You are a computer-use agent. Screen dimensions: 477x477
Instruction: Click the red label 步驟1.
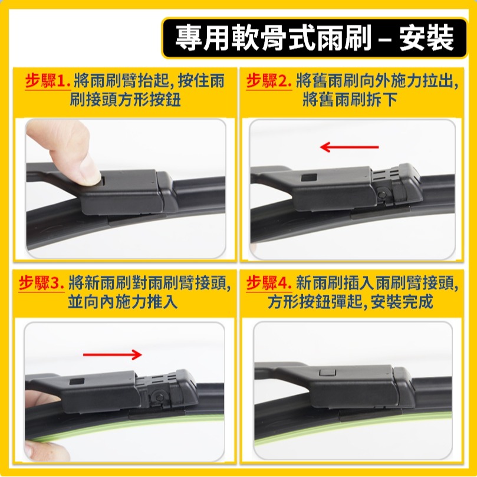click(x=47, y=81)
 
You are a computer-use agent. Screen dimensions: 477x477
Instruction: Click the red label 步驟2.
click(x=269, y=81)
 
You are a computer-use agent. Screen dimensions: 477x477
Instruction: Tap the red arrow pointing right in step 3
click(x=113, y=354)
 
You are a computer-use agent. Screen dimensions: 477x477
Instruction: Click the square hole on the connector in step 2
click(x=308, y=177)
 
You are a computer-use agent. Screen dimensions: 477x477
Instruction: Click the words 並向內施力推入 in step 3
click(x=123, y=302)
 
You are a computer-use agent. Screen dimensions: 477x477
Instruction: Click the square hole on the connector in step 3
click(x=76, y=383)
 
